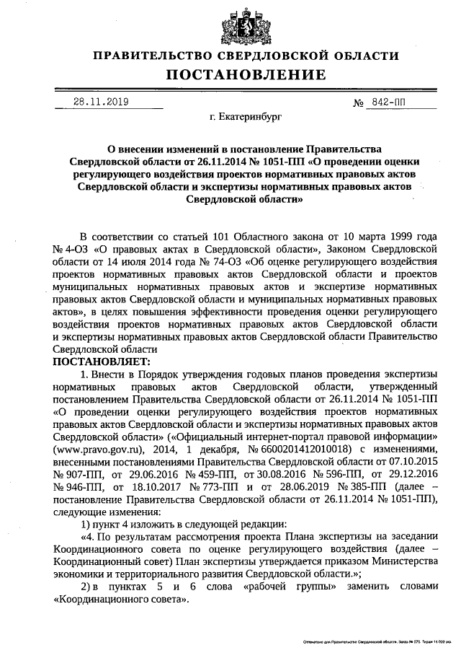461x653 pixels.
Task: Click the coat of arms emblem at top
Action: pos(244,25)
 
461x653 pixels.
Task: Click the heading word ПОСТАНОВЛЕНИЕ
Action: pos(246,74)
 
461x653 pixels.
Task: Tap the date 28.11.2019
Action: pos(101,102)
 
